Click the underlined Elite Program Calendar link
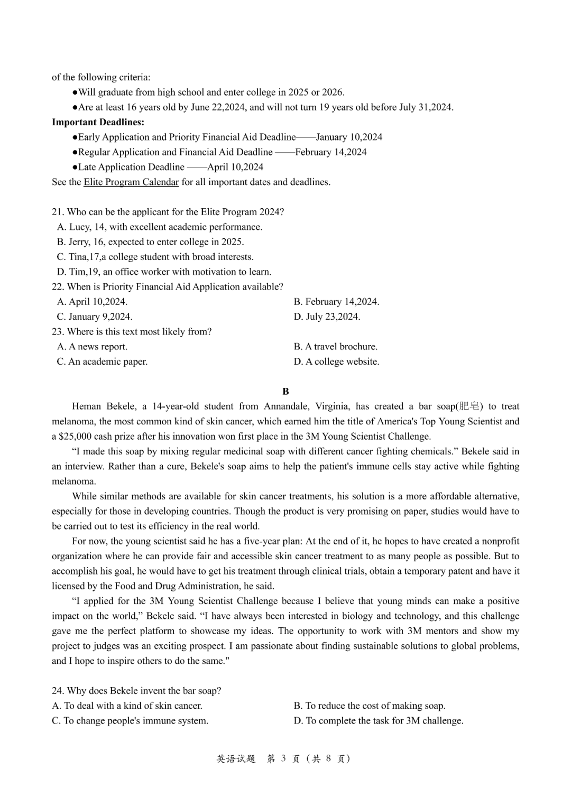(131, 182)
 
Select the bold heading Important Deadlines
(98, 122)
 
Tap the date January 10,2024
(349, 137)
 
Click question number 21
(58, 212)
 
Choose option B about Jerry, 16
(150, 242)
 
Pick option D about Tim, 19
(164, 272)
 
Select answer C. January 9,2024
(95, 317)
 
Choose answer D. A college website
(336, 361)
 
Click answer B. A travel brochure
(335, 347)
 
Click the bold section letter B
(285, 392)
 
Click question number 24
(58, 691)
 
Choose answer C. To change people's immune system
(130, 721)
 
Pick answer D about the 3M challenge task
(378, 721)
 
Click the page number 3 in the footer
(283, 759)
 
